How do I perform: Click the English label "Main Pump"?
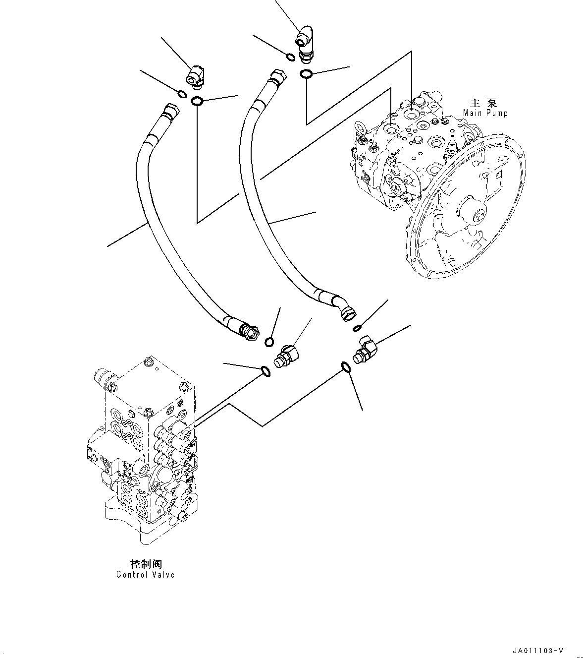(485, 113)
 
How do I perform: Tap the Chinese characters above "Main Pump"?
(483, 103)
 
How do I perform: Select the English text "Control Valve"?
(146, 574)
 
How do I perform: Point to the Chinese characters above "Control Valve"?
(146, 564)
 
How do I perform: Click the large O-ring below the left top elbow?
(197, 101)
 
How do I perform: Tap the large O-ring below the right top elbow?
(306, 75)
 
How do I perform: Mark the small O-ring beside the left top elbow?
(181, 94)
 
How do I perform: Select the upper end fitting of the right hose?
(276, 78)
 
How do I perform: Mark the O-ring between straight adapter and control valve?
(265, 370)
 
